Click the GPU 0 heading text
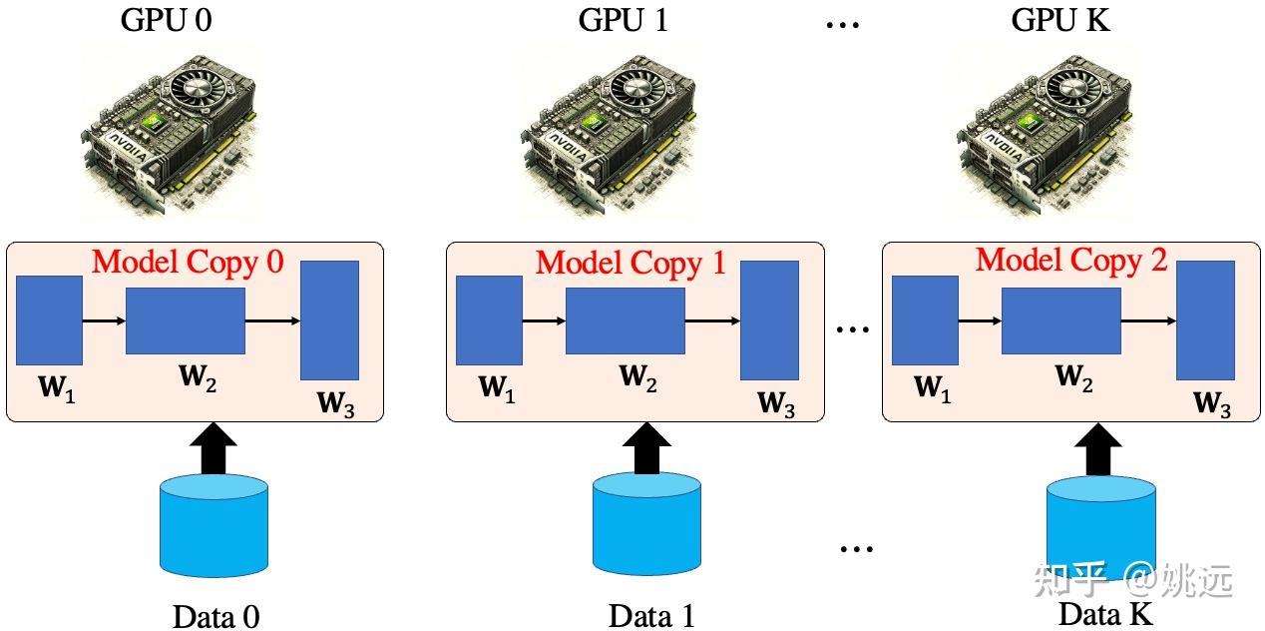coord(166,20)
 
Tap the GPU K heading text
coord(1060,20)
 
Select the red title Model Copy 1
coord(631,263)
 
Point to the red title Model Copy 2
coord(1071,261)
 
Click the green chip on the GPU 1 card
coord(592,122)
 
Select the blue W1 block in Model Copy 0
coord(49,320)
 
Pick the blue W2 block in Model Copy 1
coord(626,320)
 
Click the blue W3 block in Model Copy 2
coord(1205,320)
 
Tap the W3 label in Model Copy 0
coord(336,403)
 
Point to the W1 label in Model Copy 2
coord(933,388)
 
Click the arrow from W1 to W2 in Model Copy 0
coord(104,321)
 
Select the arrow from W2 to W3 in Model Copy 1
coord(712,321)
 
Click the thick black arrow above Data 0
coord(213,449)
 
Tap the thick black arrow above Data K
coord(1097,450)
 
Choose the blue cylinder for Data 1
coord(646,523)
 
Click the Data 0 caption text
coord(215,616)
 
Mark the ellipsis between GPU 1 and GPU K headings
coord(843,24)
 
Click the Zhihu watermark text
coord(1133,580)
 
